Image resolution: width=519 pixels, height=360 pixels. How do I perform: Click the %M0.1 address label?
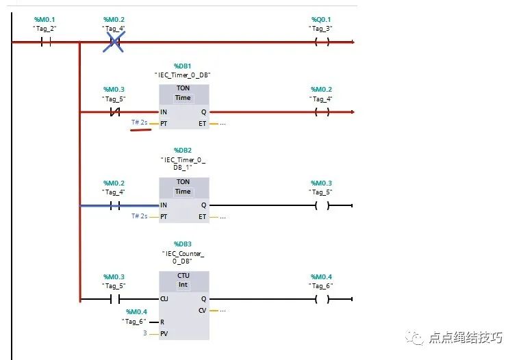tap(46, 19)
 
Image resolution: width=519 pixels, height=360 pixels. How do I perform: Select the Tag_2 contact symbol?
tap(46, 42)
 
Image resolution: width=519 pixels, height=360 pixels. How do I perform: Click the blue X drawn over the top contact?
tap(114, 42)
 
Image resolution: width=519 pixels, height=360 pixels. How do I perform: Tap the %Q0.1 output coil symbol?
tap(321, 42)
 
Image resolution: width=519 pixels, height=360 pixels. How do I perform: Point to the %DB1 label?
tap(183, 66)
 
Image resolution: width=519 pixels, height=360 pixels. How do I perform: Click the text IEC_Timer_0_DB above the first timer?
tap(183, 75)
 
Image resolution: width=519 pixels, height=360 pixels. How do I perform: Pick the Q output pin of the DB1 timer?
tap(203, 112)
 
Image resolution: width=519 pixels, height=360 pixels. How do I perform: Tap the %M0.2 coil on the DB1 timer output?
tap(321, 112)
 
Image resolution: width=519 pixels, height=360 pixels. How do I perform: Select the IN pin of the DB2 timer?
tap(164, 205)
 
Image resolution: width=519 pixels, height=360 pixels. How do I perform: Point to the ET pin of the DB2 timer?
tap(203, 217)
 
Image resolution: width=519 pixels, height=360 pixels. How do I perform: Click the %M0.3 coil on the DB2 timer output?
tap(321, 205)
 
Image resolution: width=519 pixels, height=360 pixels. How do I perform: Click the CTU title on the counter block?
tap(183, 275)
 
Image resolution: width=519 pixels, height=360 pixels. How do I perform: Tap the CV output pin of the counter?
tap(203, 311)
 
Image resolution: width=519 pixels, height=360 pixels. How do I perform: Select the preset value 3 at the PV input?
tap(145, 333)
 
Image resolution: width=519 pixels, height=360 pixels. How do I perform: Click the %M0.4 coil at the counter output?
tap(321, 299)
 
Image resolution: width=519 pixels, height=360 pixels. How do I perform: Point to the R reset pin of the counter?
tap(162, 322)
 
